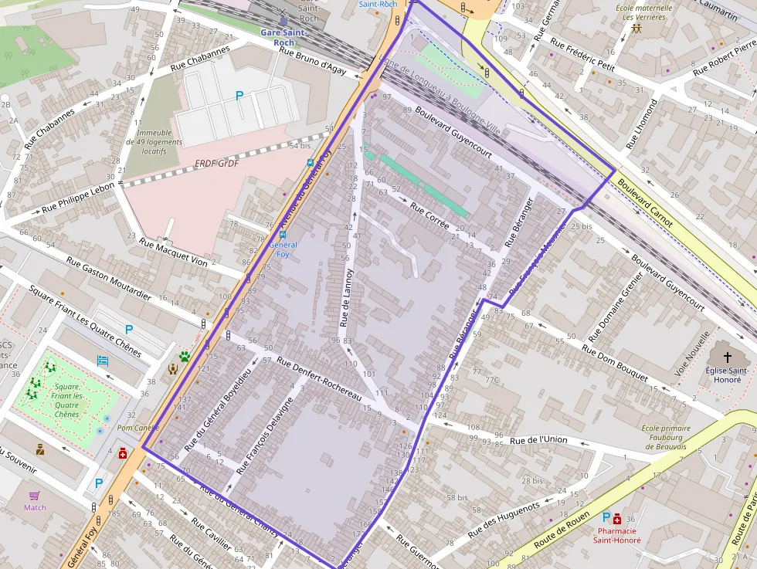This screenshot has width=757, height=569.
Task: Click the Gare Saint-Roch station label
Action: (x=283, y=37)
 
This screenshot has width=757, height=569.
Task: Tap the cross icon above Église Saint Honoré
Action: (x=727, y=357)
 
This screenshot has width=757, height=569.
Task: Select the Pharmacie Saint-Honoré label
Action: (x=615, y=535)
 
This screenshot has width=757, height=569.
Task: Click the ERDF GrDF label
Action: (x=216, y=164)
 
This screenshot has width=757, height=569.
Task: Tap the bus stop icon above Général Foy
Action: (x=283, y=235)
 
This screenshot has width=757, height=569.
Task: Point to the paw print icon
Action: (x=185, y=357)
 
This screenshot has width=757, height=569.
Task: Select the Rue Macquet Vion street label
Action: (x=173, y=252)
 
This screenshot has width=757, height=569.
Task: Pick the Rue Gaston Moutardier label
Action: (x=108, y=278)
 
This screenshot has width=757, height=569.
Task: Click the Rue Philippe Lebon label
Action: (x=78, y=198)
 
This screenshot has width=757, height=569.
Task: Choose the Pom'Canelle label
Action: (x=137, y=428)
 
